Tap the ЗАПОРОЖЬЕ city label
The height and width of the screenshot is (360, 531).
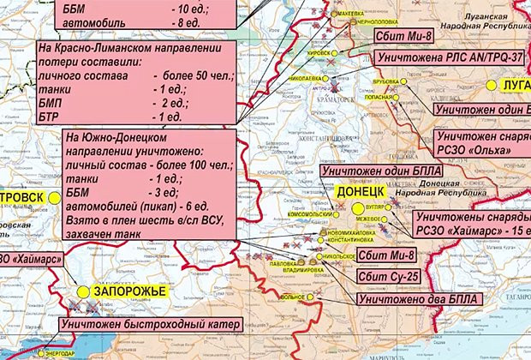coord(128,292)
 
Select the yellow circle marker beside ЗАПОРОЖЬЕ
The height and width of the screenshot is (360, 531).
coord(83,292)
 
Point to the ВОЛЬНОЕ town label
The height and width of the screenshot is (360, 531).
coord(294,297)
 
